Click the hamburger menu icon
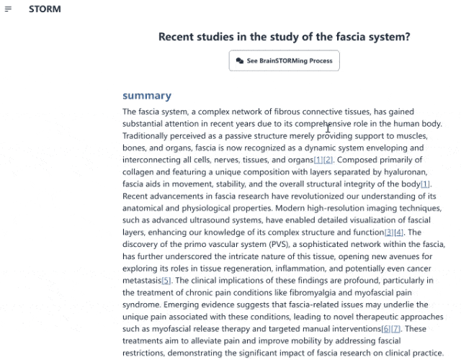(x=8, y=9)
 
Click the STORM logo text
(x=45, y=9)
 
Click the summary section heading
(x=147, y=95)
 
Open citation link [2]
(x=328, y=159)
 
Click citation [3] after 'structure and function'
(x=389, y=232)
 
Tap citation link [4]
(x=399, y=232)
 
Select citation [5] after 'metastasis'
(x=166, y=280)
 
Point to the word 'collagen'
(x=140, y=171)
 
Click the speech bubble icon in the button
(x=240, y=61)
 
